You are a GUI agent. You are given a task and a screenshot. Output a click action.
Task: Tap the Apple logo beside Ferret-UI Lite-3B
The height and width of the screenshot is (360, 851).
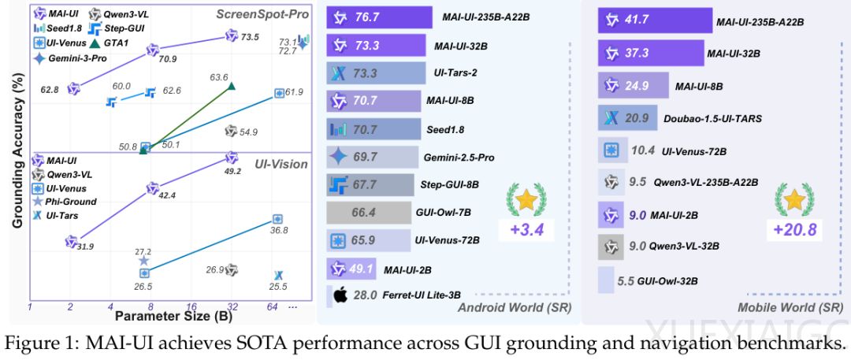click(x=339, y=296)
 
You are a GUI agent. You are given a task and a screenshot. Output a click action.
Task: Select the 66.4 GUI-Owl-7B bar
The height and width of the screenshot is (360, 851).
click(x=364, y=212)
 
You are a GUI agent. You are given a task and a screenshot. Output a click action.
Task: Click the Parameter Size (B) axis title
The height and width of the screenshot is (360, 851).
click(x=166, y=317)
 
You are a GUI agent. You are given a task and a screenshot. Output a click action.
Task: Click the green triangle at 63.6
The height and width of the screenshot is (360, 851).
click(x=230, y=84)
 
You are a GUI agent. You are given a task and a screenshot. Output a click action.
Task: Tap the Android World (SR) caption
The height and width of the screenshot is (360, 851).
click(x=514, y=306)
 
